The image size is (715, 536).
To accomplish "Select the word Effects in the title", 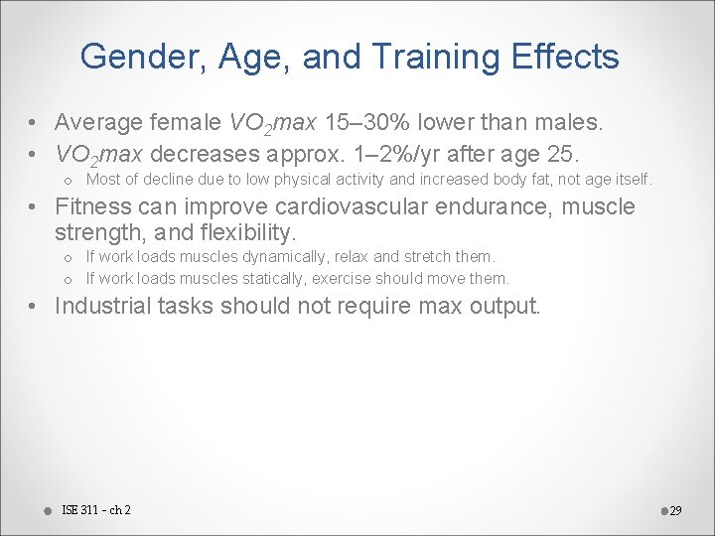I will (x=571, y=57).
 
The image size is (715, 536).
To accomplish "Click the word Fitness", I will (x=90, y=207).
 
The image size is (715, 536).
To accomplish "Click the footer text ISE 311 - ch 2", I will (x=95, y=510).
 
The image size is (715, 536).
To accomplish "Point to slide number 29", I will (x=675, y=511).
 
